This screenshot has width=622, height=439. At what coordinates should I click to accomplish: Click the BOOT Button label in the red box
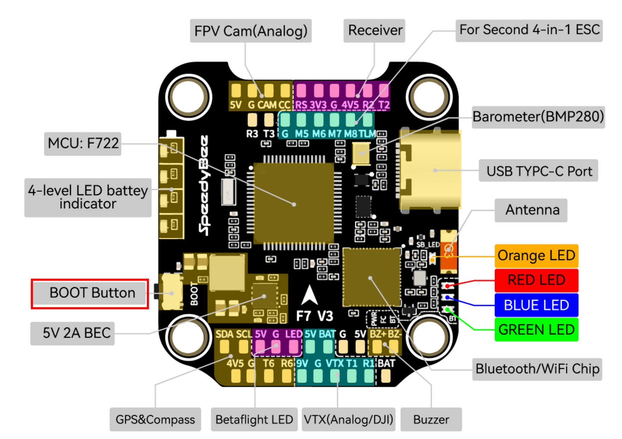(90, 293)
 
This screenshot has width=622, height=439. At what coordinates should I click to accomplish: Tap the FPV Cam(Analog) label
(251, 31)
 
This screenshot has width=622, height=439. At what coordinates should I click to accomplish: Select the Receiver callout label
(374, 31)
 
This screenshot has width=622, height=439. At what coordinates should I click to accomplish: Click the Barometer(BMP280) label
(538, 117)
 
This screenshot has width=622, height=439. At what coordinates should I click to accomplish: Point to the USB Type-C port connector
(430, 170)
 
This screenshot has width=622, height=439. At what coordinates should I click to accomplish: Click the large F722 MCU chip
(294, 203)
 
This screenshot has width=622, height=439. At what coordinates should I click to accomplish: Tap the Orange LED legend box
(536, 256)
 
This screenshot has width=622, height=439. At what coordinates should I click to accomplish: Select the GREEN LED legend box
(536, 330)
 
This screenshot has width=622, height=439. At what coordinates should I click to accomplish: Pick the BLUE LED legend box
(536, 305)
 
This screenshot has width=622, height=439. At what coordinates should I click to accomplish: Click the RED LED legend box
(536, 280)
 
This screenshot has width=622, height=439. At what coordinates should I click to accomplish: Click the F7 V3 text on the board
(315, 316)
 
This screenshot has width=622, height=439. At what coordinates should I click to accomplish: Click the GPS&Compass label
(155, 419)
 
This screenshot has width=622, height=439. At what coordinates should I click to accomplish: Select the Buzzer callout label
(431, 419)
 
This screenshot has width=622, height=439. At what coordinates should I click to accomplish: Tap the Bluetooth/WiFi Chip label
(537, 369)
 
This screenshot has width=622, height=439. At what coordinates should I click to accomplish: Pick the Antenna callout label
(531, 210)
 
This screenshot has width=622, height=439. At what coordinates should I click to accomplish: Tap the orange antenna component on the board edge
(448, 251)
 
